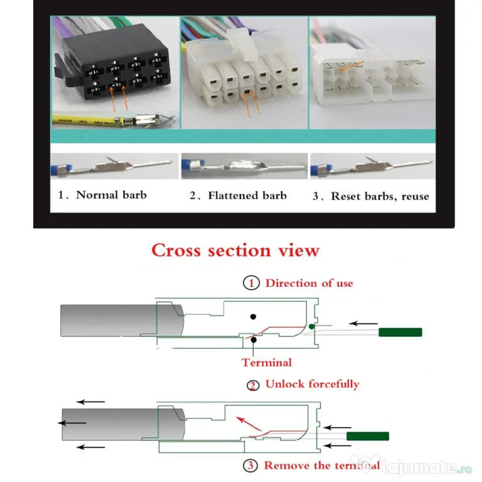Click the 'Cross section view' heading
[x=235, y=250]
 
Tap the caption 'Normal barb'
[x=111, y=195]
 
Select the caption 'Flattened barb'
[x=247, y=196]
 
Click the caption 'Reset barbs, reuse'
[x=380, y=196]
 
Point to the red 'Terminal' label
[x=267, y=362]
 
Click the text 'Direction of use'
[x=309, y=283]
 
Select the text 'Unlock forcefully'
[x=313, y=384]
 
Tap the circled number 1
[x=251, y=283]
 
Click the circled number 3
[x=250, y=466]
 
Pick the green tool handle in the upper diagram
[x=400, y=332]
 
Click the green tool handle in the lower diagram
[x=368, y=436]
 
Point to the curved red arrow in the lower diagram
[x=248, y=423]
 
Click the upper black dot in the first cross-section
[x=253, y=316]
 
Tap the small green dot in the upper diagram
[x=312, y=326]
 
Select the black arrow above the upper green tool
[x=363, y=323]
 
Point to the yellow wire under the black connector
[x=86, y=120]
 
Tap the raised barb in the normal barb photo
[x=111, y=160]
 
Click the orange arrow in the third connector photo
[x=351, y=66]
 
